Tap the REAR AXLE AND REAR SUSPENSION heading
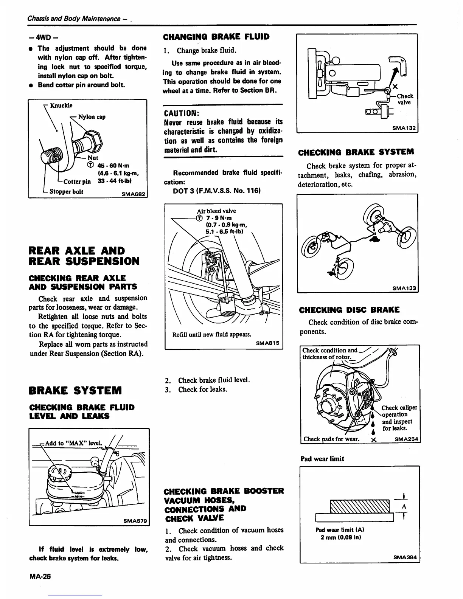(84, 256)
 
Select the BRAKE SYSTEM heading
(75, 390)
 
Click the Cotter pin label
(77, 181)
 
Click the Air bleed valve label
(216, 211)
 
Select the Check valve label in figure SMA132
(405, 99)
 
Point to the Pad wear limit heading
(322, 459)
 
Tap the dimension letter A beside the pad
(404, 506)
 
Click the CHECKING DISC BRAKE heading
(349, 310)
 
